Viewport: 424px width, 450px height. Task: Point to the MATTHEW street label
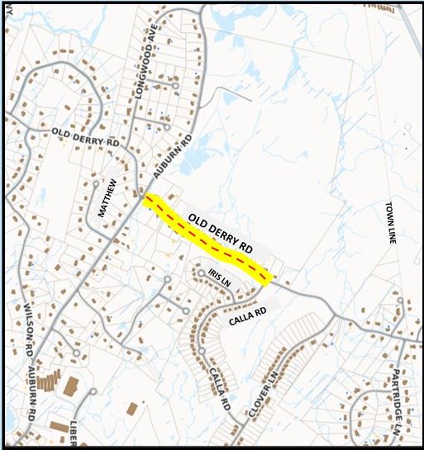point(104,200)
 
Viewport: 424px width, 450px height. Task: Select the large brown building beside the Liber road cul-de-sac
point(71,386)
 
